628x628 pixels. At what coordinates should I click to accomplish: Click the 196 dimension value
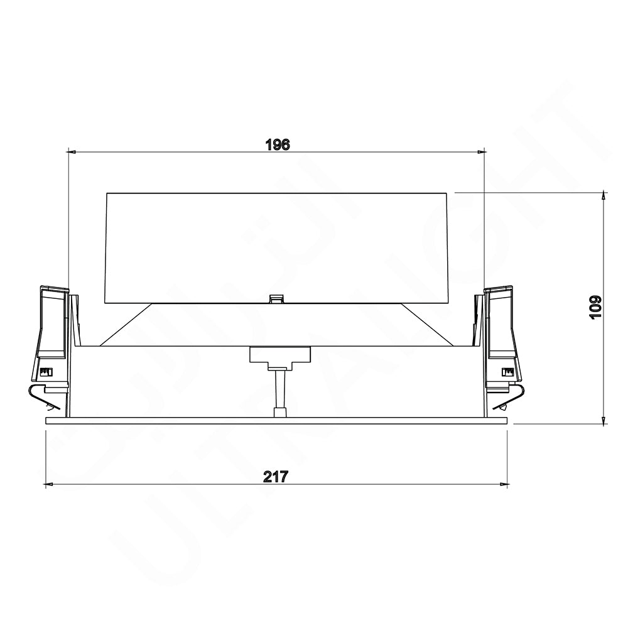click(x=277, y=144)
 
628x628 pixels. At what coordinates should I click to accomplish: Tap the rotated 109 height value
click(x=595, y=307)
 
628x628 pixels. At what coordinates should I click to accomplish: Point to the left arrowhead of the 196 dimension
click(x=72, y=151)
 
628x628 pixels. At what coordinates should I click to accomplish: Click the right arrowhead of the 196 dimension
click(x=482, y=151)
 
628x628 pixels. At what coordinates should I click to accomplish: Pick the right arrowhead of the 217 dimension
click(x=504, y=484)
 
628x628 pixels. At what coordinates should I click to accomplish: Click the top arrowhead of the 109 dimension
click(x=604, y=197)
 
